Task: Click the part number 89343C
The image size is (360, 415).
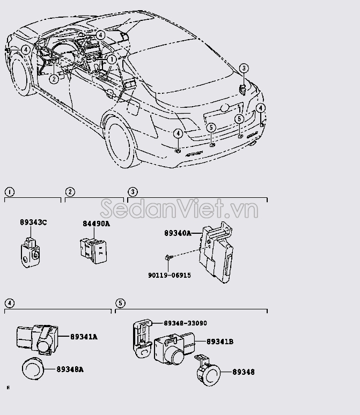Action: coord(33,222)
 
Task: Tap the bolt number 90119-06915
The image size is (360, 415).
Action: coord(170,275)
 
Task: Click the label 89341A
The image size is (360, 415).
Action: coord(84,337)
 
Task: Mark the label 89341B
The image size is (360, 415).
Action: coord(220,342)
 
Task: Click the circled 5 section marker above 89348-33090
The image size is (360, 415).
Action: coord(120,303)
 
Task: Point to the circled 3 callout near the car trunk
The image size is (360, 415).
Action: coord(244,68)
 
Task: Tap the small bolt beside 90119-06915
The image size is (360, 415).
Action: coord(169,258)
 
